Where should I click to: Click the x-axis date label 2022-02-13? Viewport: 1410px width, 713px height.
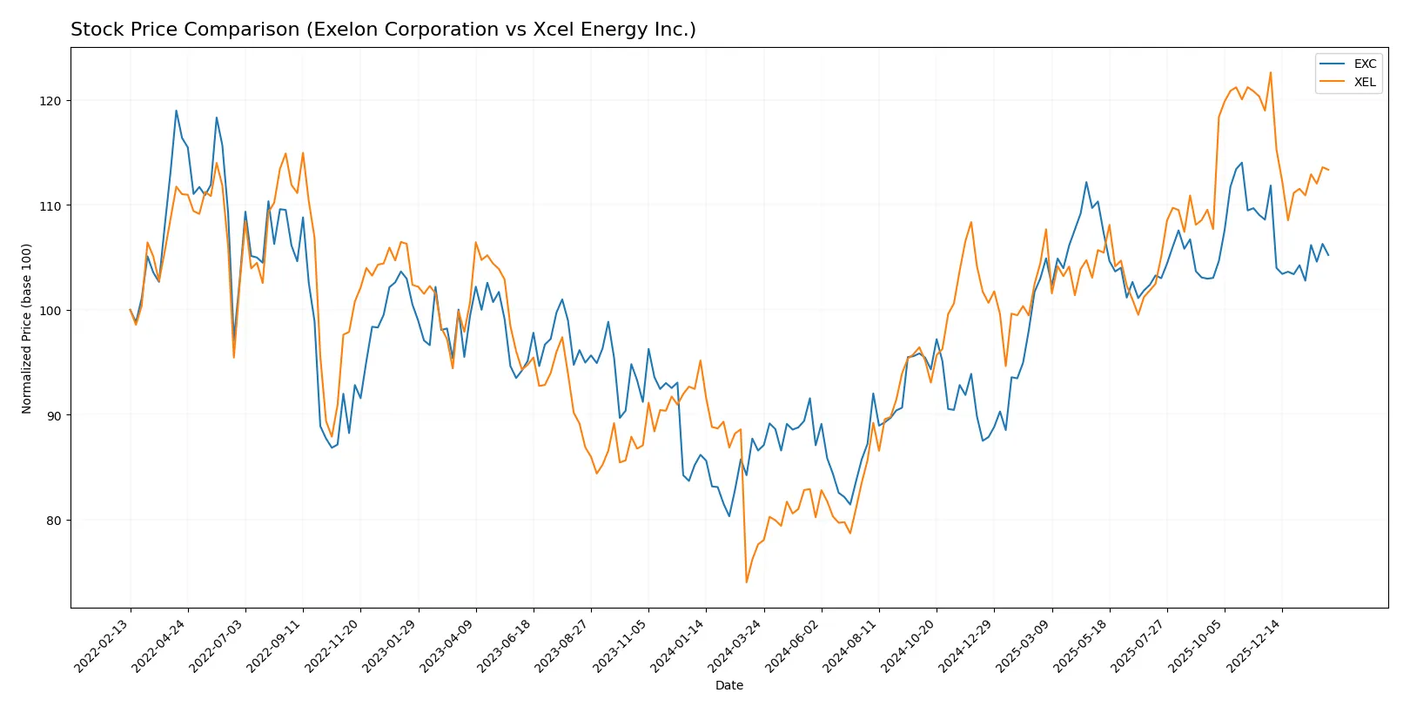click(104, 645)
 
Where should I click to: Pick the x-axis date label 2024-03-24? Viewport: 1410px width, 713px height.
click(736, 645)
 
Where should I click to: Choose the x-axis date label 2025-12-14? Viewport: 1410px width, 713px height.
click(1255, 645)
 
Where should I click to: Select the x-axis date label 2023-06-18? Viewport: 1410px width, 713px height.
click(507, 645)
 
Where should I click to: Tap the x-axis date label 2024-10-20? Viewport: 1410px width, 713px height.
click(910, 645)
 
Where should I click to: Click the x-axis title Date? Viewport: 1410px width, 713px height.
click(728, 685)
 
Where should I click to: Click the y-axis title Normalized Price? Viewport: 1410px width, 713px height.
click(27, 328)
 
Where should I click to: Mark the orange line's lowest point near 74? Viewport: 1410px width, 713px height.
click(746, 582)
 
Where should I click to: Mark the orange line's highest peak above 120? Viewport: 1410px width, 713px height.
click(1270, 72)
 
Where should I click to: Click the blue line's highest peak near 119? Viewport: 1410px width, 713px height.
click(176, 111)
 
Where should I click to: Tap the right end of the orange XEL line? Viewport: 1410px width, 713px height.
click(1328, 170)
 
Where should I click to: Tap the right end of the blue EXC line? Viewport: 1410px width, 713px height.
click(1328, 255)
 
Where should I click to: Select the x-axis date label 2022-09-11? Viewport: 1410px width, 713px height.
click(276, 645)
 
